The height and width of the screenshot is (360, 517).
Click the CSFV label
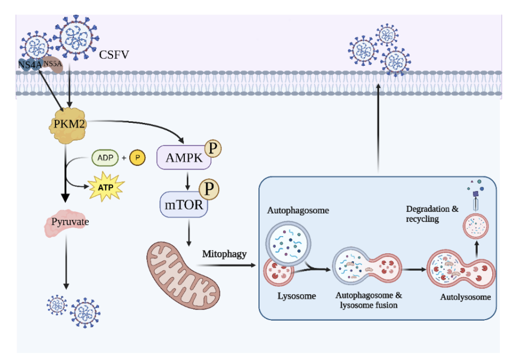click(x=114, y=54)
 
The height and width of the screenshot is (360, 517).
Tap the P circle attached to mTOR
click(x=209, y=189)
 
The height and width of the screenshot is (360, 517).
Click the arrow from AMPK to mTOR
click(x=186, y=179)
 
